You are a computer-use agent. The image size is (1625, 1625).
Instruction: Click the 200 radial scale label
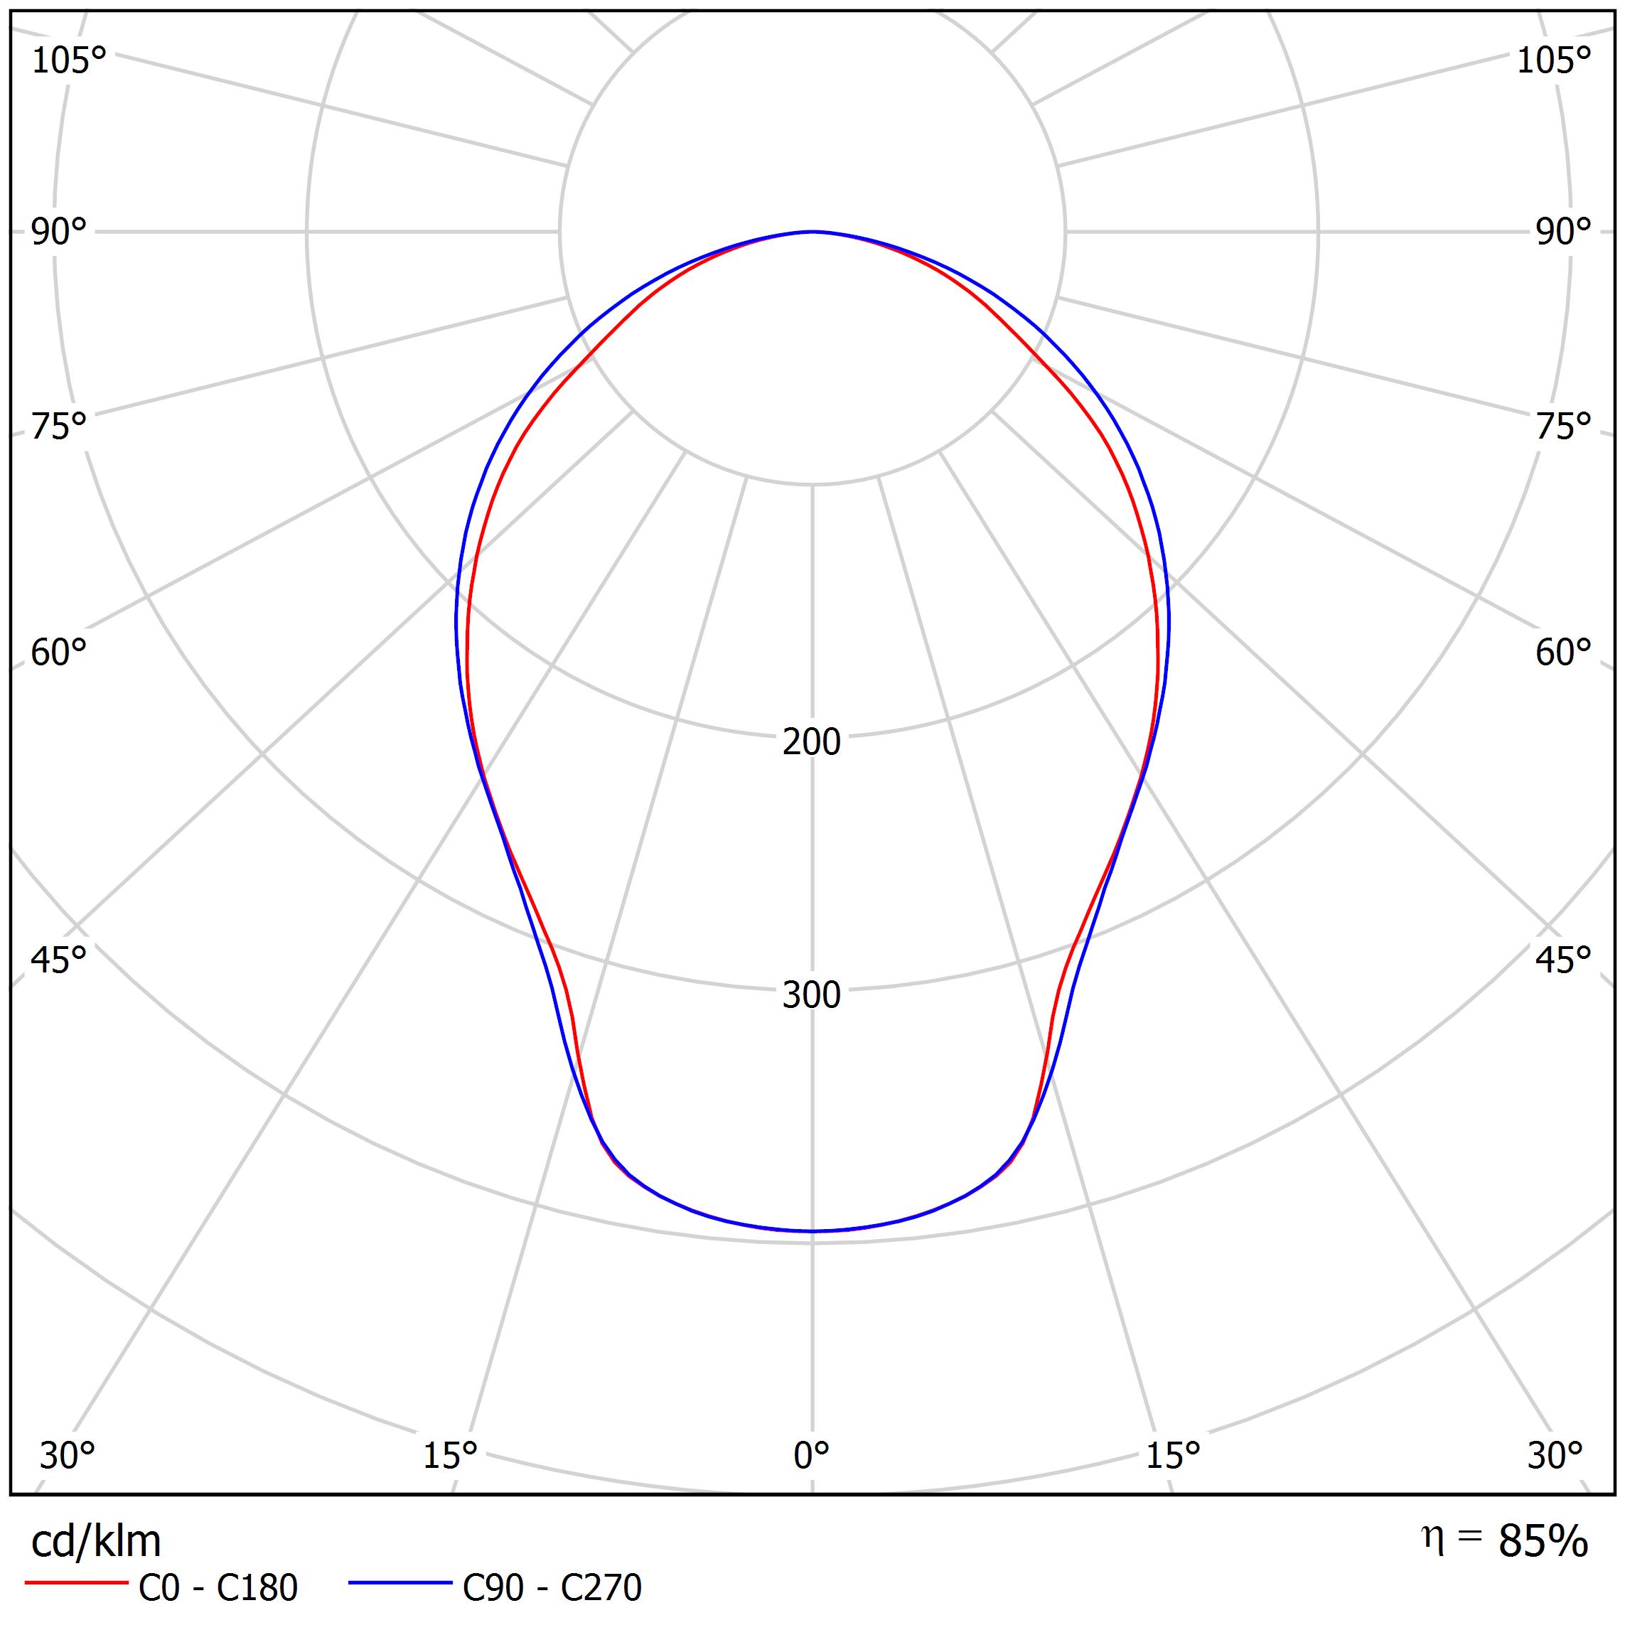point(811,742)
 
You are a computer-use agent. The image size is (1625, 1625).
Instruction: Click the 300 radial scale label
point(811,995)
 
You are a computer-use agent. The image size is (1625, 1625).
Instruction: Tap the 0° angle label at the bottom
point(811,1455)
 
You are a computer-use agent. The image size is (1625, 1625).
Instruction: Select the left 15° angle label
point(450,1455)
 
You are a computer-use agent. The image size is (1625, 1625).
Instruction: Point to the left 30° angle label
point(68,1455)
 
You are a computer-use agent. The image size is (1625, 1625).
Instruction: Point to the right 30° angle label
point(1555,1455)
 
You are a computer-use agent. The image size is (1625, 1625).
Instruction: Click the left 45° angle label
point(58,960)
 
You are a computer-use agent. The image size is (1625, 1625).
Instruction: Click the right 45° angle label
point(1562,960)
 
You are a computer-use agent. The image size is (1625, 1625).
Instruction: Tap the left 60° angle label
point(58,653)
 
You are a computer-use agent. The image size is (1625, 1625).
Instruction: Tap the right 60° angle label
point(1562,653)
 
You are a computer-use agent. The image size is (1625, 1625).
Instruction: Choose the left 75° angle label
point(58,427)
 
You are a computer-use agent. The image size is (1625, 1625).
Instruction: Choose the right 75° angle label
point(1562,427)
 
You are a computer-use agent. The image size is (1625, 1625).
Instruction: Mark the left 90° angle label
point(58,231)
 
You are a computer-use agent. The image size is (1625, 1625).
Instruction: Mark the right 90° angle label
point(1562,231)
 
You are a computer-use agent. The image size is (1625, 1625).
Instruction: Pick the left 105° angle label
point(69,60)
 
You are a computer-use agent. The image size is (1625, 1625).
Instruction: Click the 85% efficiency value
point(1543,1542)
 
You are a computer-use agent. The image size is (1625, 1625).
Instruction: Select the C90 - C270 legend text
point(552,1588)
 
